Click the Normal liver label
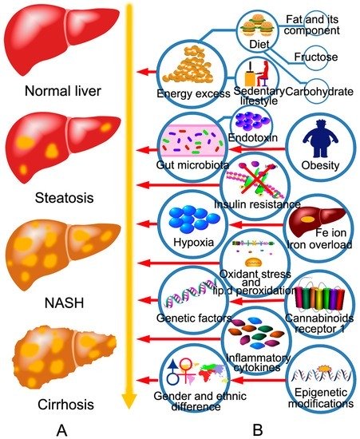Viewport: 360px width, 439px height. [x=63, y=91]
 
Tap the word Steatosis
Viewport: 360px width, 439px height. [x=64, y=198]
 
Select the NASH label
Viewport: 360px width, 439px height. [x=64, y=303]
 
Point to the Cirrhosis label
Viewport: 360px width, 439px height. [x=65, y=405]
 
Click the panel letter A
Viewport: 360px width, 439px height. [x=62, y=429]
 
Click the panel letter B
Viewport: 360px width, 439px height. [x=258, y=429]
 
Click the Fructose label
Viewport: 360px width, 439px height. [x=316, y=57]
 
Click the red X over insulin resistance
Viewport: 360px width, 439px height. [x=255, y=180]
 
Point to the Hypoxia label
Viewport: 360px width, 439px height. [x=193, y=242]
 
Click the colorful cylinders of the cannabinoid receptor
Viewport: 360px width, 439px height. [x=320, y=299]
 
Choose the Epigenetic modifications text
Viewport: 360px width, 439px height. [x=321, y=397]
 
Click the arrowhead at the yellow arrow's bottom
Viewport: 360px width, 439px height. [x=129, y=401]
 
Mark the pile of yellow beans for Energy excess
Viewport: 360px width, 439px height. [x=188, y=66]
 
